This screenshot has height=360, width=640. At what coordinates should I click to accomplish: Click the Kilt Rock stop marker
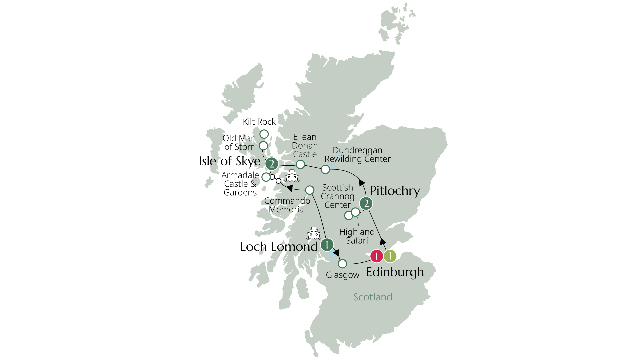264,134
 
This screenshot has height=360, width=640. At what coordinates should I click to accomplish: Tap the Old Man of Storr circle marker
263,146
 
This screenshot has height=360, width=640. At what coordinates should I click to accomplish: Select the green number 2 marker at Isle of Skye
272,164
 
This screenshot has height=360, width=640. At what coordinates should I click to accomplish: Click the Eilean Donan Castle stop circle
300,164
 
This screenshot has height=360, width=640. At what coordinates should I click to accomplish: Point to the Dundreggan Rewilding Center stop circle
325,170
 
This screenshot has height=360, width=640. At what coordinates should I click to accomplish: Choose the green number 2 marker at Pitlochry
366,203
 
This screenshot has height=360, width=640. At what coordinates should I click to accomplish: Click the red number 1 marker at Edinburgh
377,256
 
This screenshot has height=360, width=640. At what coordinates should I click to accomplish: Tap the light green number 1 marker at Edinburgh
390,256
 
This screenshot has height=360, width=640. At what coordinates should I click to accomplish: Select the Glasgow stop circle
342,264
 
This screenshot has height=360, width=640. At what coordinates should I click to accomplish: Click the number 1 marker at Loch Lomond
327,245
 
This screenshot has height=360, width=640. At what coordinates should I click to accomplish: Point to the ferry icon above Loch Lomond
314,234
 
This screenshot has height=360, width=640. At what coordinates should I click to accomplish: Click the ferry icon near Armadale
292,176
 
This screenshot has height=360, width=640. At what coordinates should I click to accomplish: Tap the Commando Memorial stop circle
310,190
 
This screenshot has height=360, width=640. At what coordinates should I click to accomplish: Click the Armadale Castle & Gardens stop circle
266,177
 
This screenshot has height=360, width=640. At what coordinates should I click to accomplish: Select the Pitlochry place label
395,191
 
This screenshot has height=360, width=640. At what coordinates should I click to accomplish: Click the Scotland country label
373,297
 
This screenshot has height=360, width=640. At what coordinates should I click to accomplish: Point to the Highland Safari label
357,236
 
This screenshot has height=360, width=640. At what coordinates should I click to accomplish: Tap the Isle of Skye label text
230,161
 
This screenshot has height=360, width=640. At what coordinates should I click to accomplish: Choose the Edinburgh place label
395,272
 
